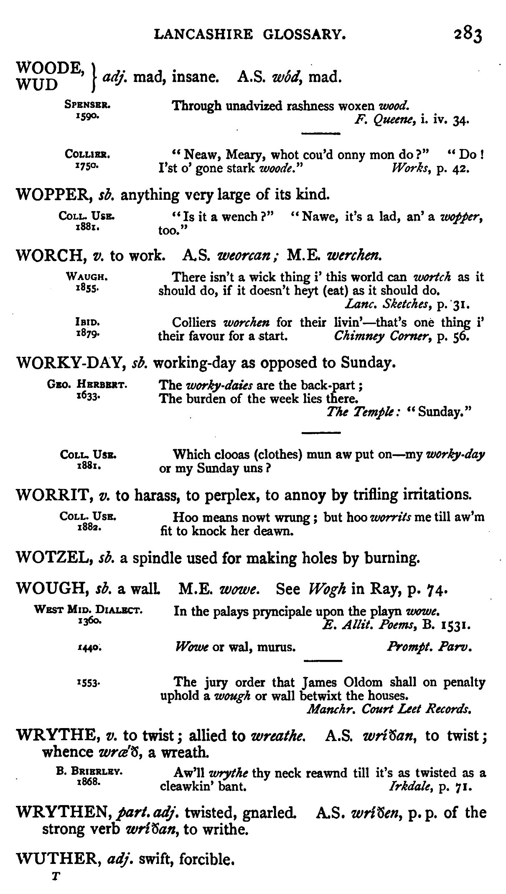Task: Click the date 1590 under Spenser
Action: tap(87, 117)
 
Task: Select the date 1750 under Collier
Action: tap(87, 166)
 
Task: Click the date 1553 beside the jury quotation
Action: tap(88, 684)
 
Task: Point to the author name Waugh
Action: tap(87, 277)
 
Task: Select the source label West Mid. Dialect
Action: tap(88, 610)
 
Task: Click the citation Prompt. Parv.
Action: tap(430, 647)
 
